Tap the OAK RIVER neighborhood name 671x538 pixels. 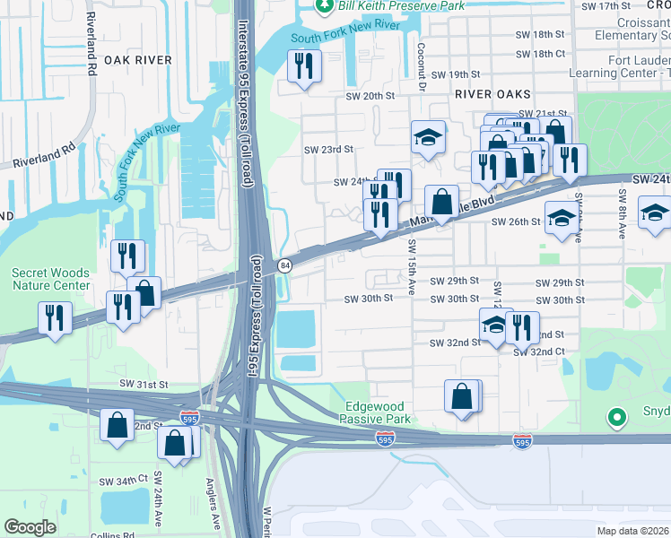pos(137,60)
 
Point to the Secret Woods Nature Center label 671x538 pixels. pos(51,280)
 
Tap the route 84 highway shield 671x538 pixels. pos(284,265)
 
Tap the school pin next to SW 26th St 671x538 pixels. pos(562,219)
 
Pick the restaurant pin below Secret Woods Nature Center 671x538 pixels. pos(55,317)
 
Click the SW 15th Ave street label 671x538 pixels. pos(412,258)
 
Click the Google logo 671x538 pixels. pos(30,527)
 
